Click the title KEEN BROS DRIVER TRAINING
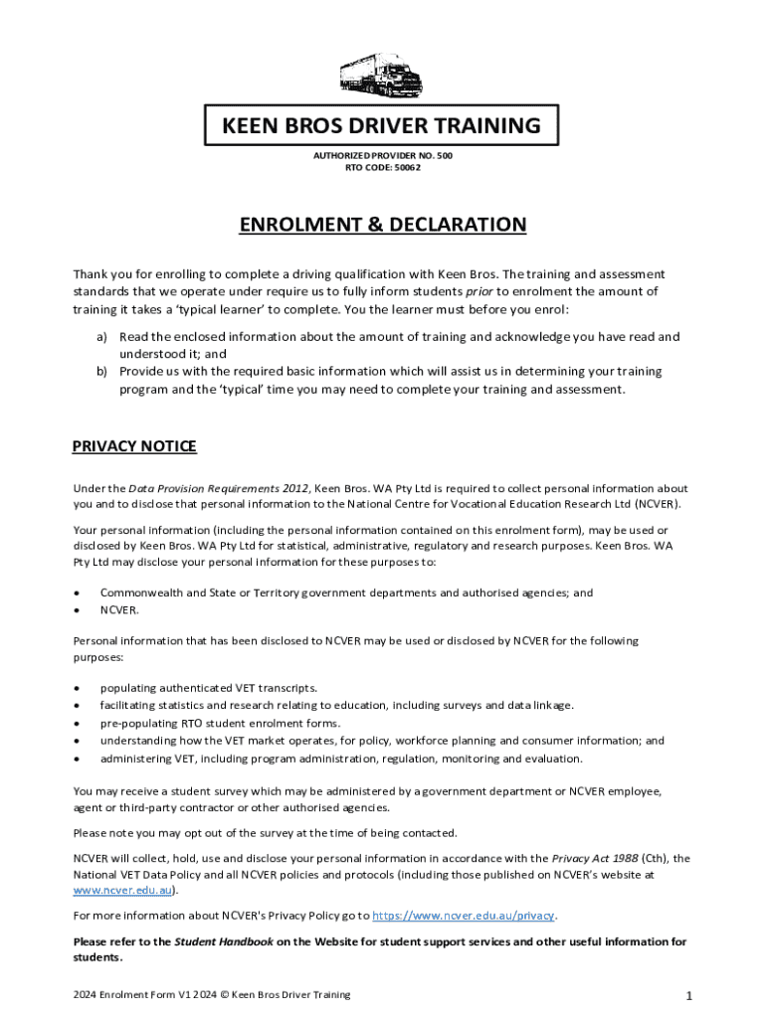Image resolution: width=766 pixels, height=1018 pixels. click(382, 126)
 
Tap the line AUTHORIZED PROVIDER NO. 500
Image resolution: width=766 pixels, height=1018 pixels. click(383, 156)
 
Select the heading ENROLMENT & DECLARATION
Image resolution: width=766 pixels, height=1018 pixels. click(382, 225)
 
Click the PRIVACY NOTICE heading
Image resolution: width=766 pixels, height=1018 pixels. click(134, 446)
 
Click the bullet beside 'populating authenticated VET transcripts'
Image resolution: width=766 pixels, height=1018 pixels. click(78, 688)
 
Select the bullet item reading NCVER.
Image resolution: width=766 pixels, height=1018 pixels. click(119, 610)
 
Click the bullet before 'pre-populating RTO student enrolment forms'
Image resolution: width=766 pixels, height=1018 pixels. click(78, 724)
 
